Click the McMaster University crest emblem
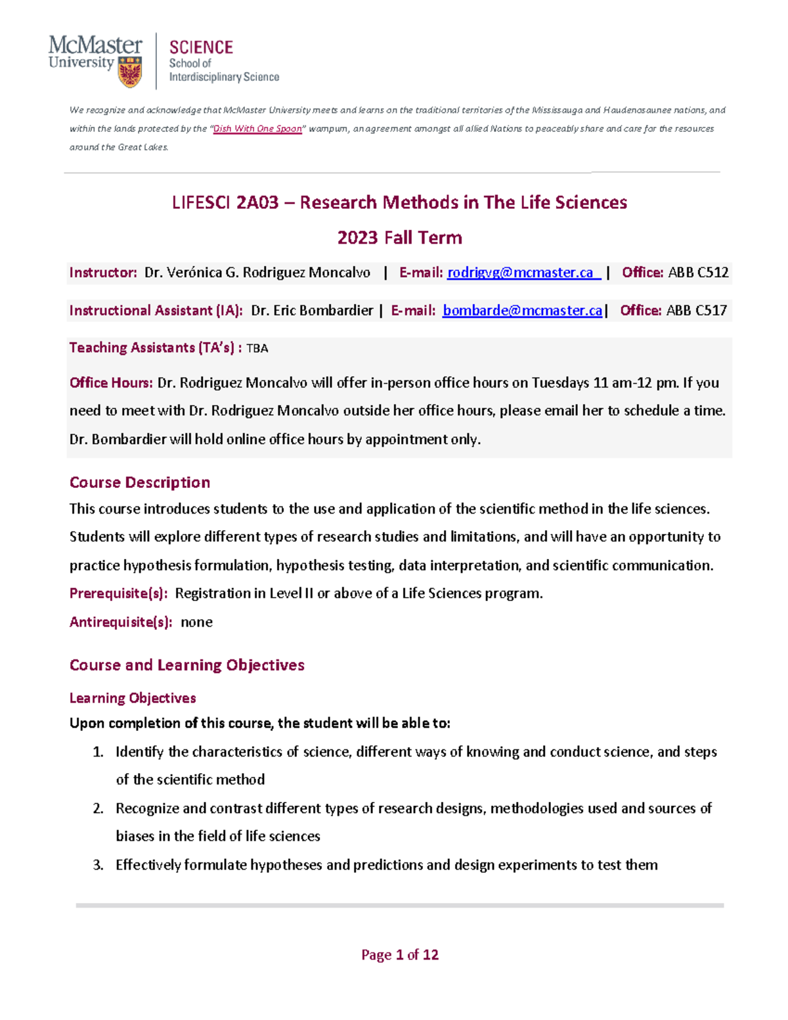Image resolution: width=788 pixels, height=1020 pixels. click(130, 72)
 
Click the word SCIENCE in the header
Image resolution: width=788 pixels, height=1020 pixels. click(201, 47)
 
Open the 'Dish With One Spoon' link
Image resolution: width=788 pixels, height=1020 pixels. click(257, 129)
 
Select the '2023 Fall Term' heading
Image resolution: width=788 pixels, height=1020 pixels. click(399, 238)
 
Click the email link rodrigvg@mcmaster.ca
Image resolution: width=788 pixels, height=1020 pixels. click(523, 273)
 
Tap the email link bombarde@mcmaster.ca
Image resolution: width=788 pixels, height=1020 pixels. click(522, 311)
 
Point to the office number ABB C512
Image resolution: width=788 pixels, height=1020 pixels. click(698, 273)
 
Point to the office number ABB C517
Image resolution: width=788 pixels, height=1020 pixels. click(696, 311)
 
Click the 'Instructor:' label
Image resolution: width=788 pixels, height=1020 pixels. click(103, 273)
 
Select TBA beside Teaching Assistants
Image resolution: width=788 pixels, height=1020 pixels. click(257, 349)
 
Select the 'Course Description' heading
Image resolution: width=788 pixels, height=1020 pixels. click(140, 483)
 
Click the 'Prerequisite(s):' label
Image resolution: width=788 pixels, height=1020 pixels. click(118, 594)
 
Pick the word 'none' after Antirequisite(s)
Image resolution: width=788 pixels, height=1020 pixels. click(196, 622)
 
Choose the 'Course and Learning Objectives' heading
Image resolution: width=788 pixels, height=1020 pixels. click(187, 665)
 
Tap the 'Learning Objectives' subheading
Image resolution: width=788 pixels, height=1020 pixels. click(133, 698)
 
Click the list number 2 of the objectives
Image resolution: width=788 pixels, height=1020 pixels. click(98, 809)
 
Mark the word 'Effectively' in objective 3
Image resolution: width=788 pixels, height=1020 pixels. click(148, 865)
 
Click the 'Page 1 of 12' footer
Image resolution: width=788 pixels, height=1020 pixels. click(399, 955)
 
